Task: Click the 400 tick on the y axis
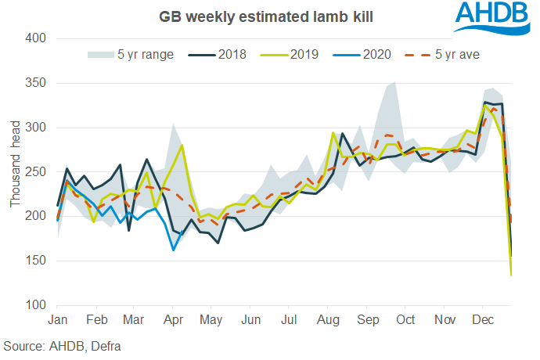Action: [37, 38]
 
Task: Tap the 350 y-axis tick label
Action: [37, 83]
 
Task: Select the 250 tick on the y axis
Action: [37, 172]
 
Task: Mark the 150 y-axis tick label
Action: [37, 261]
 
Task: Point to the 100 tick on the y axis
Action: [37, 305]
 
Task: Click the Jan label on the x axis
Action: [57, 320]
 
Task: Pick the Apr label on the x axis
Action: [173, 320]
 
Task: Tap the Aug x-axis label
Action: [328, 320]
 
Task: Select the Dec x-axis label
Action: [482, 320]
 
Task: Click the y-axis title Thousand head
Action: [15, 172]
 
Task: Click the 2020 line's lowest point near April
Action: [173, 250]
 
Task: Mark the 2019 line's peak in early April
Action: [182, 145]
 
